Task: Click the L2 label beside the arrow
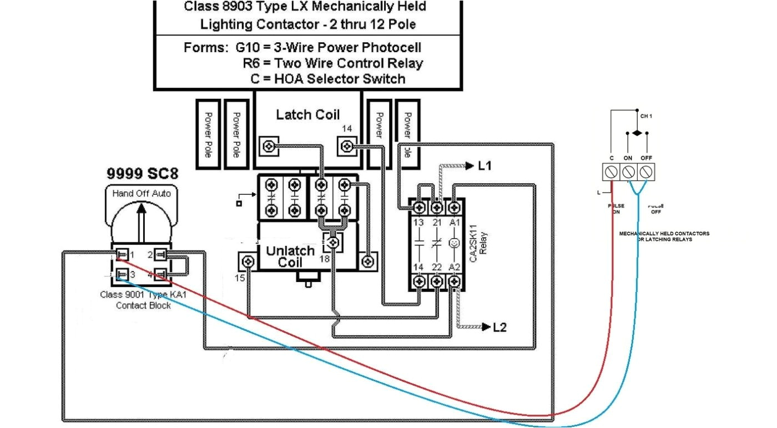tap(500, 327)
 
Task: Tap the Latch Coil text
tap(307, 114)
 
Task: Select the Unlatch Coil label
tap(290, 256)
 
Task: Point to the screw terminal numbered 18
tap(332, 243)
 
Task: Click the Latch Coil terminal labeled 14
tap(347, 147)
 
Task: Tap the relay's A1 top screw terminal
tap(455, 207)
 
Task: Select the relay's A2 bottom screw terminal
tap(455, 281)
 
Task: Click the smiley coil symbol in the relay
tap(455, 243)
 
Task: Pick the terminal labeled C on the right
tap(611, 172)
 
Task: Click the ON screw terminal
tap(628, 172)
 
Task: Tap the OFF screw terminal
tap(645, 172)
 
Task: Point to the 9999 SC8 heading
tap(143, 174)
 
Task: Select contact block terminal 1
tap(122, 255)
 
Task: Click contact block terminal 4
tap(160, 274)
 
